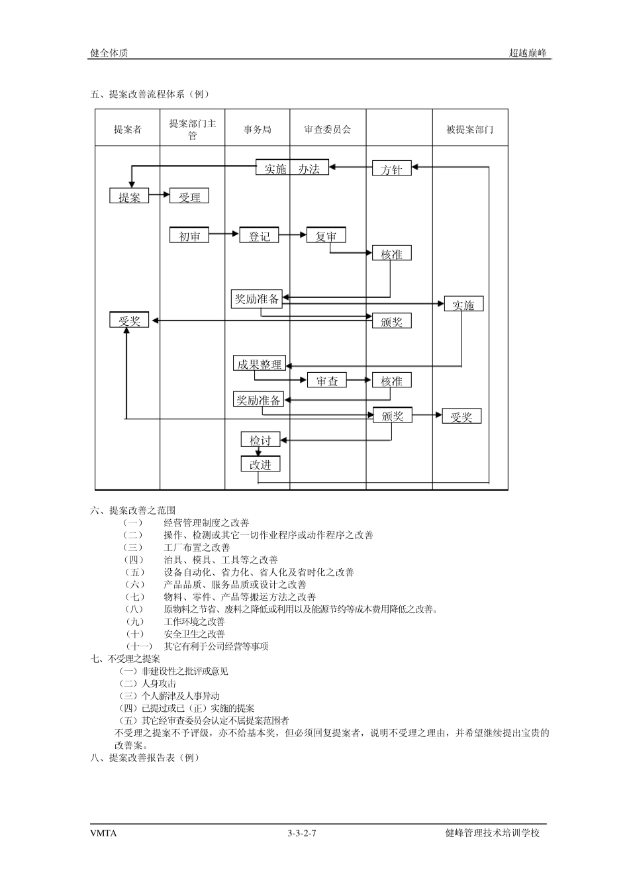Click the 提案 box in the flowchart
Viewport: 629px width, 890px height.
(x=129, y=196)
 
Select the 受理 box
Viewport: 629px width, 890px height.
(x=189, y=197)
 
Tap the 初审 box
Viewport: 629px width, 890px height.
(x=189, y=236)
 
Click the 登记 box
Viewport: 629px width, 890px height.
(x=259, y=236)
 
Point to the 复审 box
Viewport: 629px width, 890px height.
(x=326, y=236)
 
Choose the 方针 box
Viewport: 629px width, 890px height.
(x=391, y=169)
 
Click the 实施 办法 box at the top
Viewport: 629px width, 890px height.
(x=292, y=168)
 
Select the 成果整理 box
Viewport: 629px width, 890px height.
(x=259, y=364)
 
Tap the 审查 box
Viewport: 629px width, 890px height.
(x=326, y=381)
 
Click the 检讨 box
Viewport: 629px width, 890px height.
(x=260, y=440)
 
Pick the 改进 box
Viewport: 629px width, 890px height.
(x=260, y=464)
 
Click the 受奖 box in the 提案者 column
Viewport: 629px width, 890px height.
(x=129, y=321)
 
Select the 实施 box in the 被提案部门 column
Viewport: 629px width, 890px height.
(x=463, y=305)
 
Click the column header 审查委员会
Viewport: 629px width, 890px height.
(x=327, y=129)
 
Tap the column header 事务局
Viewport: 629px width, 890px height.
(x=257, y=129)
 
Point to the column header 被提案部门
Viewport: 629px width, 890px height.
(x=469, y=129)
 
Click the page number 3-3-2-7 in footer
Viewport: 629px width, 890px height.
(x=302, y=833)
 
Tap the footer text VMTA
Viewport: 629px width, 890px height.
(x=103, y=833)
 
